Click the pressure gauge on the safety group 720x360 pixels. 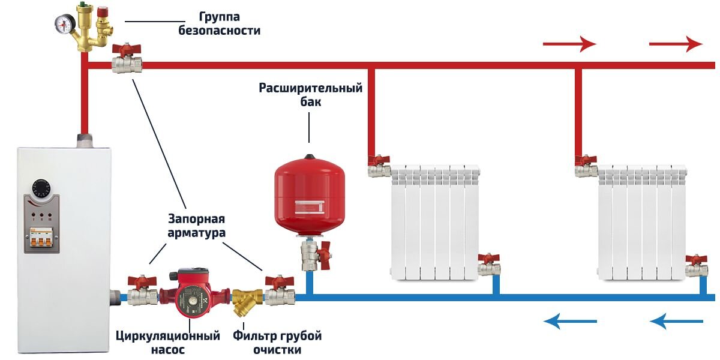point(64,23)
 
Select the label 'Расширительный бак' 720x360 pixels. point(310,95)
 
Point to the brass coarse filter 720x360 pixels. point(247,299)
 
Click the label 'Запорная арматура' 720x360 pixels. point(196,226)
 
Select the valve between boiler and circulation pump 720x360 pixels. point(142,293)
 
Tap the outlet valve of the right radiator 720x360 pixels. point(696,266)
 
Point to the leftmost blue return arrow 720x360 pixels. point(570,322)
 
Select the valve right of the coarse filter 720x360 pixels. point(280,293)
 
